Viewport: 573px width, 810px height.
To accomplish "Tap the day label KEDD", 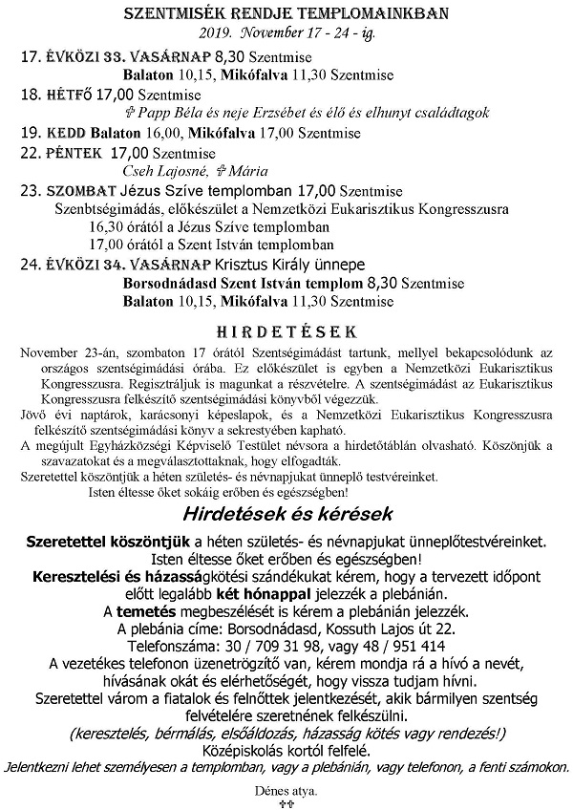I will (x=66, y=132).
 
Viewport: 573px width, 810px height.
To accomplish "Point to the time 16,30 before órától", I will (x=106, y=227).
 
